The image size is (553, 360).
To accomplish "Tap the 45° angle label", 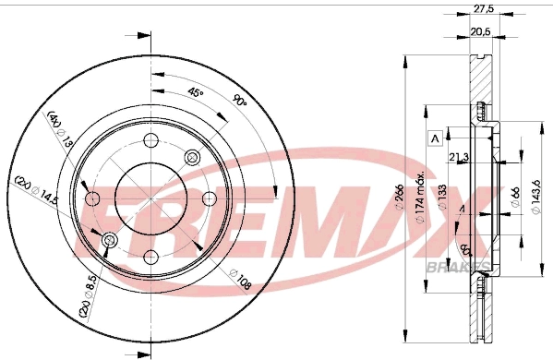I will (195, 94).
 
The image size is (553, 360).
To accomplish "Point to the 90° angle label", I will (241, 102).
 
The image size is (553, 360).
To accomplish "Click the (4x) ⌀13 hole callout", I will (56, 128).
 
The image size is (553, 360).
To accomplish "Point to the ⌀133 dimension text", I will (443, 197).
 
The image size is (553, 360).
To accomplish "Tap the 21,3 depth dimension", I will (459, 157).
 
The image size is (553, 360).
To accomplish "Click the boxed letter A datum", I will (432, 138).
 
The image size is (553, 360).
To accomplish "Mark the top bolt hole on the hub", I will (150, 143).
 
